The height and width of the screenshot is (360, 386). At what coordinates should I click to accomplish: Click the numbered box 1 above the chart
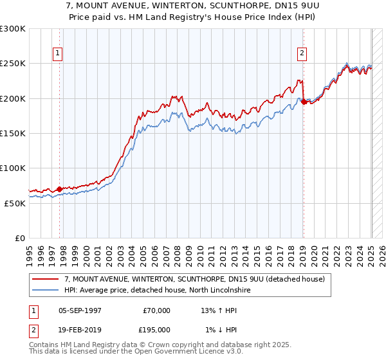point(58,53)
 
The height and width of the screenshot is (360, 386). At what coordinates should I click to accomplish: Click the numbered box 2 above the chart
point(302,53)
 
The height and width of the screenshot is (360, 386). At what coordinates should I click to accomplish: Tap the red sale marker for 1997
point(60,189)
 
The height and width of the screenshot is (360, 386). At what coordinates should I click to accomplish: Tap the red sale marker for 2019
point(304,102)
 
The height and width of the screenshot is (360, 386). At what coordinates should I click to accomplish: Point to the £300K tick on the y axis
point(13,29)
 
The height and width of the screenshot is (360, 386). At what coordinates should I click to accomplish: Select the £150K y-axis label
point(13,133)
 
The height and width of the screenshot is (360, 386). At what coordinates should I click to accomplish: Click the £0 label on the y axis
point(20,238)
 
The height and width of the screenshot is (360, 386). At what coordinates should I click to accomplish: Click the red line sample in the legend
point(46,279)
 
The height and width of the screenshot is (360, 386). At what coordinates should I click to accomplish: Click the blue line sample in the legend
point(46,290)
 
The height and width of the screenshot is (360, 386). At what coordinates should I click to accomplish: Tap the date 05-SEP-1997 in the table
point(80,310)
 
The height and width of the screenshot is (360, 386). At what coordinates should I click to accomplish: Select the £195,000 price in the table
point(157,330)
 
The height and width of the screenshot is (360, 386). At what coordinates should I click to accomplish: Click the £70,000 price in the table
point(157,310)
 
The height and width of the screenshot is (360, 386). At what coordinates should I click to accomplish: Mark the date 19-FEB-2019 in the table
point(80,330)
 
